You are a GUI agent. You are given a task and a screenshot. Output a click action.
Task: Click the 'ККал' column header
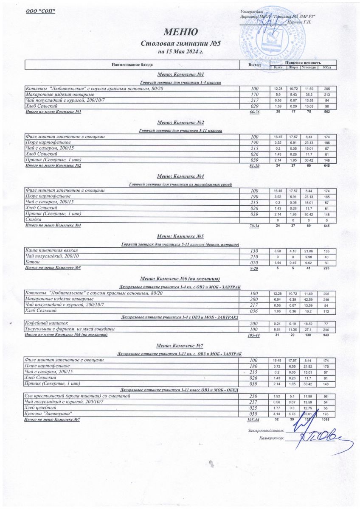point(326,67)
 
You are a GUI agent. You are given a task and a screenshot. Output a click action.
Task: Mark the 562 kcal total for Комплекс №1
point(326,112)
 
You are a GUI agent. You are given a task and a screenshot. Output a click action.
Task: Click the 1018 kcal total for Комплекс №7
point(326,420)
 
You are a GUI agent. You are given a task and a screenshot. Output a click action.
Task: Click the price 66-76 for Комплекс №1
point(255,112)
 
